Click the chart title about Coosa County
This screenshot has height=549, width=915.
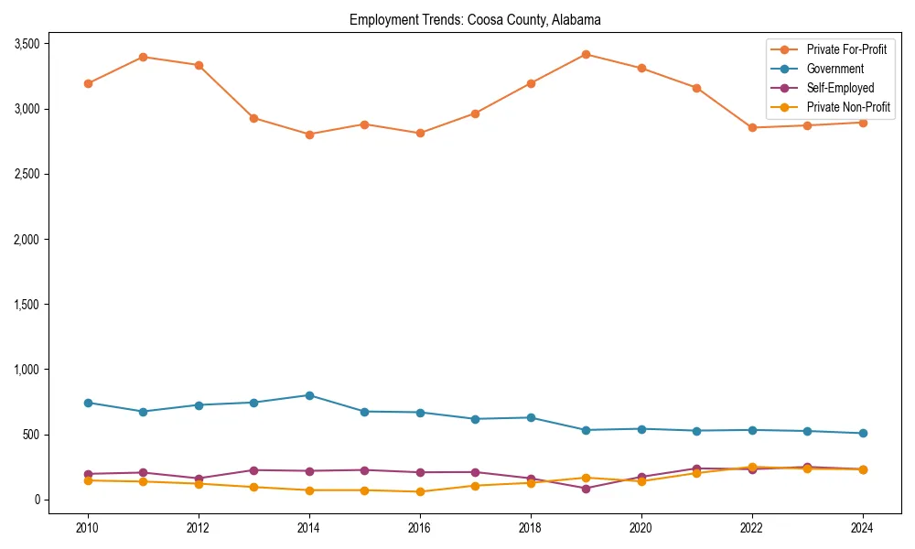(475, 19)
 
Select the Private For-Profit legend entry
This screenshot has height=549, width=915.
(845, 49)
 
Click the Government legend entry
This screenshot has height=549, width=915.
(834, 69)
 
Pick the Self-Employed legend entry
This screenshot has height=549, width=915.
(840, 88)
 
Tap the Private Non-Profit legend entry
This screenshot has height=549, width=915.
(848, 107)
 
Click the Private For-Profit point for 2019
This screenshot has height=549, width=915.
(586, 54)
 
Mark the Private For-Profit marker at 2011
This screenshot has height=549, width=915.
(143, 57)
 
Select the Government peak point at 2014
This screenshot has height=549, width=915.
(309, 395)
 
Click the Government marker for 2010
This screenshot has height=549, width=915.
(88, 403)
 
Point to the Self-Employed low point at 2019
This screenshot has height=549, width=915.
(586, 489)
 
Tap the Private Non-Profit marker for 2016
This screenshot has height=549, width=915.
(420, 491)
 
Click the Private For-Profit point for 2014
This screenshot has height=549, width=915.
(309, 135)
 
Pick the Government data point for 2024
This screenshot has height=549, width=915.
(863, 433)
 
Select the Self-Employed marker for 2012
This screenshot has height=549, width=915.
(199, 479)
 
